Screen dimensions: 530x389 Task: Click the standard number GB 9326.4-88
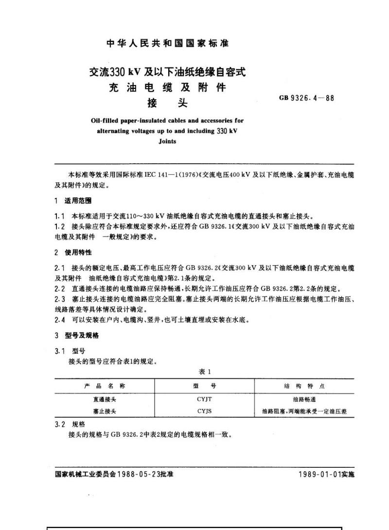(306, 98)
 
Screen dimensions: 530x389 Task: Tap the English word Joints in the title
(167, 142)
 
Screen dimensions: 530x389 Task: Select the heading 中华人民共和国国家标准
(167, 43)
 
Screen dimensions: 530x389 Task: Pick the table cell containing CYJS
(204, 411)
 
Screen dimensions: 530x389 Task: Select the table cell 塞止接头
(105, 411)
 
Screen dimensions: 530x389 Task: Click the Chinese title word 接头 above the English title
(167, 103)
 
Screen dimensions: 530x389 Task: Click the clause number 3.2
(59, 424)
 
